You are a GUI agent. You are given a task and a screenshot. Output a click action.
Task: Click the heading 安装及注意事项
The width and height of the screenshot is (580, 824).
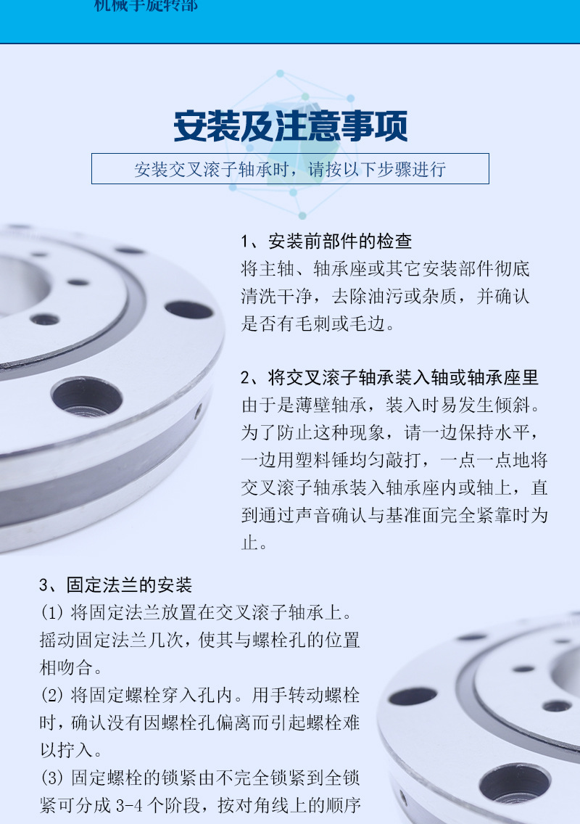[290, 126]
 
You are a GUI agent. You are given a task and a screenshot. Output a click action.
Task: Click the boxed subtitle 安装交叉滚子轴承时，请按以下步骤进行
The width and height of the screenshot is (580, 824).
[290, 169]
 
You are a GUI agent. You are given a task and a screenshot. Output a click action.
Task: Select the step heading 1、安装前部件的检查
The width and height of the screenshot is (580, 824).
[326, 242]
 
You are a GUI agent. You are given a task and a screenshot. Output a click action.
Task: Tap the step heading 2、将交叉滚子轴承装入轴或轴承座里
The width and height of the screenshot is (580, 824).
[389, 378]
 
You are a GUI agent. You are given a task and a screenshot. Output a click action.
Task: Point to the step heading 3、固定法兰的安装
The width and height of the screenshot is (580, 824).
[115, 585]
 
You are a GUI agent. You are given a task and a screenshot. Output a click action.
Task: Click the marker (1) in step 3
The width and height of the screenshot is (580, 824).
[52, 613]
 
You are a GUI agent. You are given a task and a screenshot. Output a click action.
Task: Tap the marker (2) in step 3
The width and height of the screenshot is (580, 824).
[52, 696]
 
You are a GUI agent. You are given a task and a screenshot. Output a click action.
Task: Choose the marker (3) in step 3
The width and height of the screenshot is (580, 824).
[52, 778]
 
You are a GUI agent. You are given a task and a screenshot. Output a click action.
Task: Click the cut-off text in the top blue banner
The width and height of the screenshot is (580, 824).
[146, 6]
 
